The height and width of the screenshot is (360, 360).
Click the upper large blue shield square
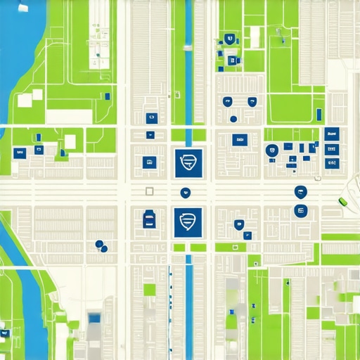click(x=188, y=162)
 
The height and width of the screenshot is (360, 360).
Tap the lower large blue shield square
click(x=188, y=221)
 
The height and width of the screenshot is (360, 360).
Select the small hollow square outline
click(x=149, y=191)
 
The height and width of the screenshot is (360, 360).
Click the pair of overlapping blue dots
click(x=101, y=245)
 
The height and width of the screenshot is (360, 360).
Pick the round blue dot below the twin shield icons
click(x=233, y=119)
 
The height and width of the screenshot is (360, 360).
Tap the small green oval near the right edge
click(x=343, y=202)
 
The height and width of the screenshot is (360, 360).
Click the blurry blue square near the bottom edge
click(x=94, y=319)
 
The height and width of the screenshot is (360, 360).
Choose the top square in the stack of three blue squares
click(x=332, y=133)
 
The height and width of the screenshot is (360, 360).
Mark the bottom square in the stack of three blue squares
click(x=331, y=163)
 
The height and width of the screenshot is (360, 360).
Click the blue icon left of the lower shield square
click(x=149, y=219)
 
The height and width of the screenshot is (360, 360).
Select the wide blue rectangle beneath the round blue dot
click(x=239, y=140)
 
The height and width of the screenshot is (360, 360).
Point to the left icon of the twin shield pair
click(x=228, y=102)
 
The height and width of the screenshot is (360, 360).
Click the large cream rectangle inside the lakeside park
click(x=69, y=117)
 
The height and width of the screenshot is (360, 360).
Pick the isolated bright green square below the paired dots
click(x=149, y=289)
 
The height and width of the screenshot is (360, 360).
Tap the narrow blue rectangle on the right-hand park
click(x=319, y=115)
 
